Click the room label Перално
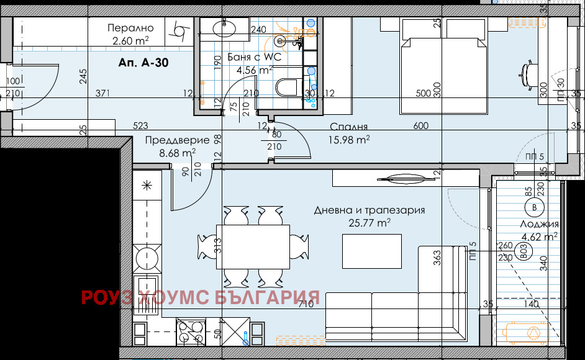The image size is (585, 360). click(x=130, y=28)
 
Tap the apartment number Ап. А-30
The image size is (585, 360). click(x=143, y=63)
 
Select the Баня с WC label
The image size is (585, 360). click(x=255, y=57)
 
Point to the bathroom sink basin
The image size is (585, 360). click(x=222, y=28)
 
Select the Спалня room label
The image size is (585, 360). click(x=349, y=126)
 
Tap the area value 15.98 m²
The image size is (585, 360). click(x=349, y=140)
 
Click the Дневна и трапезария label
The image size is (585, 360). click(x=370, y=210)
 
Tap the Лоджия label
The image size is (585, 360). click(x=540, y=224)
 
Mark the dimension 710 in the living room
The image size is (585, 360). click(x=305, y=304)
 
